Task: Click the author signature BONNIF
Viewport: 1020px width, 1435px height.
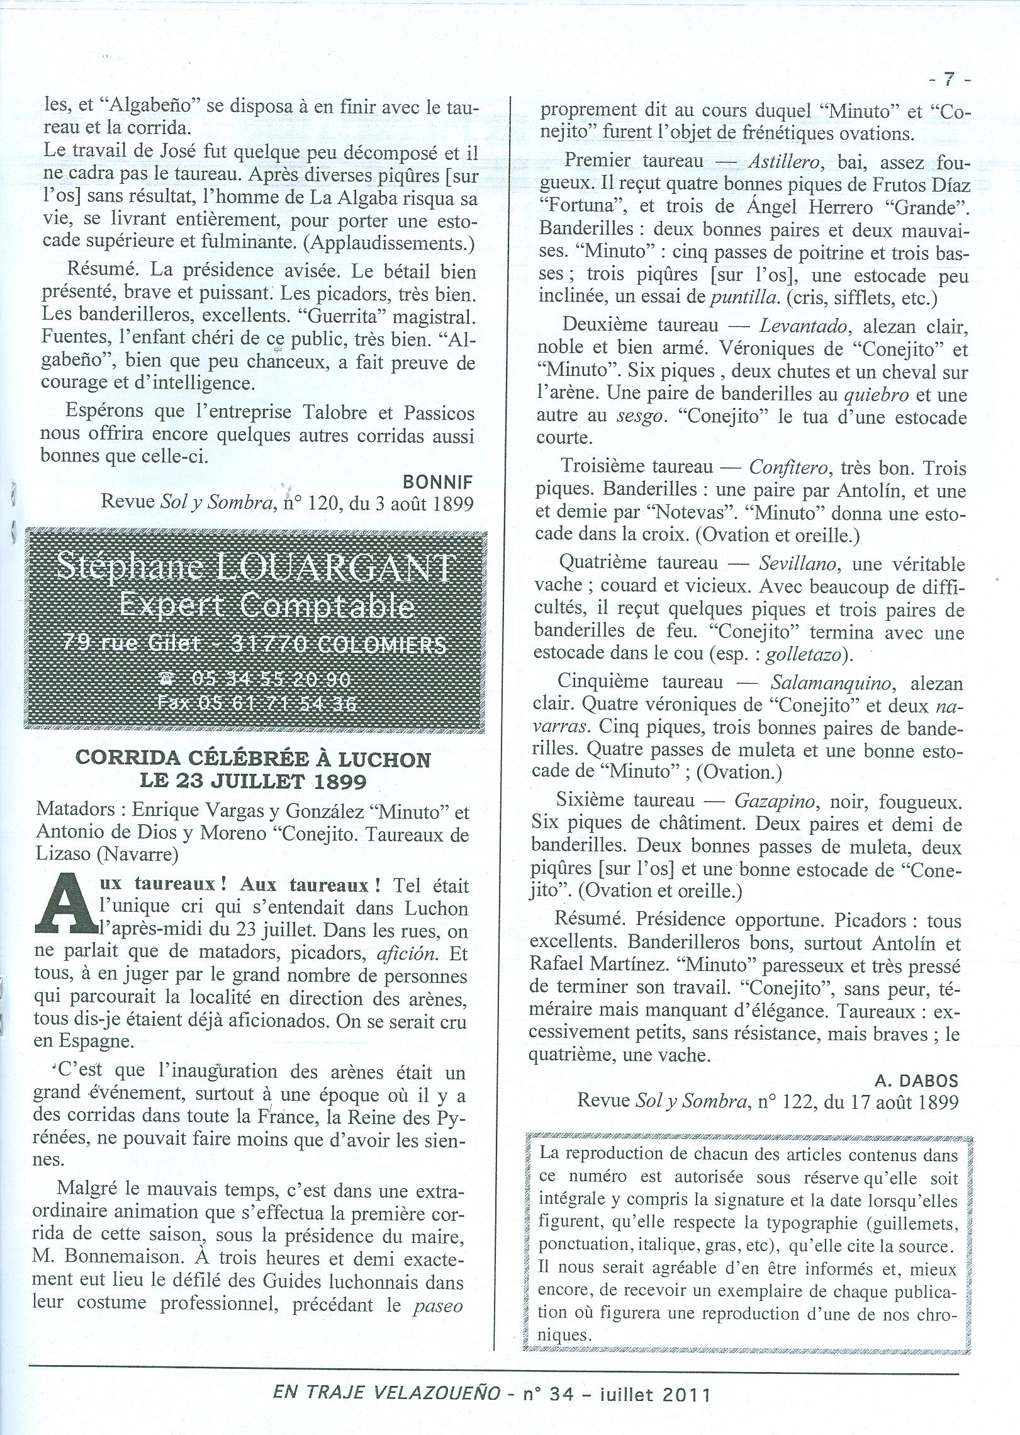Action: tap(438, 482)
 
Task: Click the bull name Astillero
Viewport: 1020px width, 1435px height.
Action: tap(783, 161)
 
